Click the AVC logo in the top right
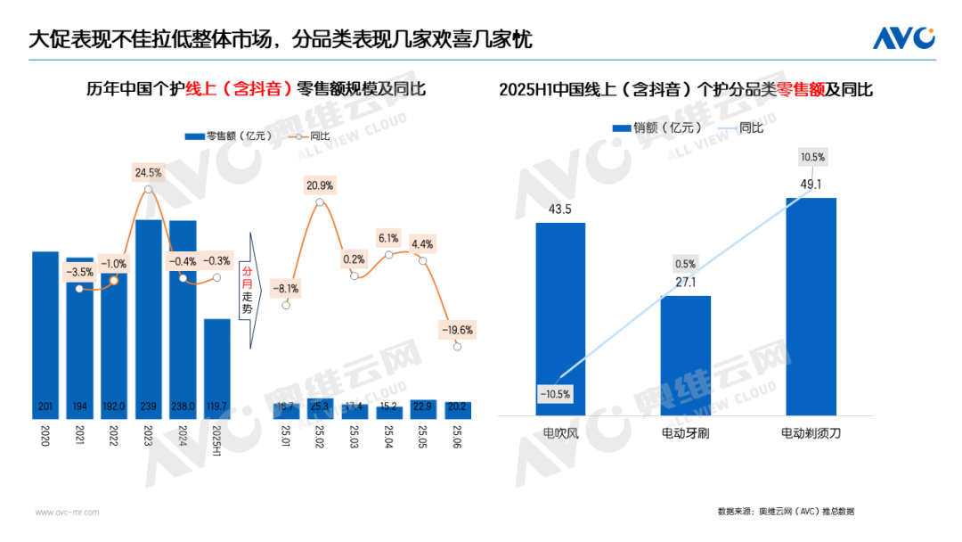point(903,38)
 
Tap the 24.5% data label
point(148,171)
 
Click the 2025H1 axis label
point(216,439)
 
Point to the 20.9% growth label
point(319,185)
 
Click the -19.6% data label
point(457,329)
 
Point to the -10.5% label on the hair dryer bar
point(554,393)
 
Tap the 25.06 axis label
point(458,437)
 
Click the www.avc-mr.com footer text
point(67,513)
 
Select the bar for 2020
point(45,334)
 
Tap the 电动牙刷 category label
point(685,433)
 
